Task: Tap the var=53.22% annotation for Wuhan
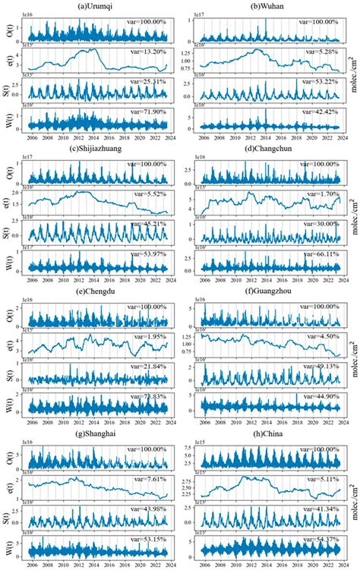320,81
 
